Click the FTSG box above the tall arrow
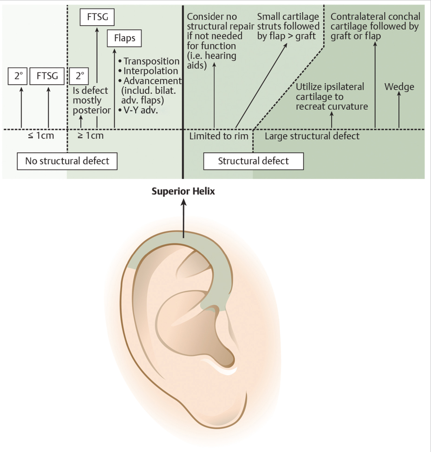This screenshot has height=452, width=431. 97,18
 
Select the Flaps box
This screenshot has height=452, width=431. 124,38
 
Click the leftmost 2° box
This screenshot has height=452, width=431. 19,76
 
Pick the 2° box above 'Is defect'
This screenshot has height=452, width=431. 78,76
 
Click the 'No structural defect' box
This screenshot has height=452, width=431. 67,161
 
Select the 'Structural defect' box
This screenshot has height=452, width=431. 253,161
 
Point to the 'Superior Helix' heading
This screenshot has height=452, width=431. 183,191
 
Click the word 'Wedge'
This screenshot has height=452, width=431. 399,87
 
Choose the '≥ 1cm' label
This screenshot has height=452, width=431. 90,136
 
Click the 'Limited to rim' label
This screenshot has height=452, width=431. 219,137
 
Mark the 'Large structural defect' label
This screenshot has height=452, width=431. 312,136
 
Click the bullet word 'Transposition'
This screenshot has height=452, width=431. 151,61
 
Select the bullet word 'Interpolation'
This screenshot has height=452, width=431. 150,71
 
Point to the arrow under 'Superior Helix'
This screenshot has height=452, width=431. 183,218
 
